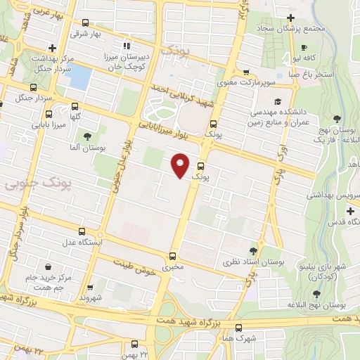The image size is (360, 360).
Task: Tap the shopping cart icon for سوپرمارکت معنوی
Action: pos(246,72)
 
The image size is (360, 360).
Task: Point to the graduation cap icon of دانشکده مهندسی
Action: pos(278,100)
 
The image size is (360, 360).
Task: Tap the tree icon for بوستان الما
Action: pos(87,136)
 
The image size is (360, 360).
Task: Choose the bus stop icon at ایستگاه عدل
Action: pos(82,231)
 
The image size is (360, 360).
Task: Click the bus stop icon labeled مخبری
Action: pos(173,256)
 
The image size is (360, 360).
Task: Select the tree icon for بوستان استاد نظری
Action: pos(253,251)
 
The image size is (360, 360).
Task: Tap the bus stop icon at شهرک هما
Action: pos(239,327)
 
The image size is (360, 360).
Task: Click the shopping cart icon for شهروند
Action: pos(90,287)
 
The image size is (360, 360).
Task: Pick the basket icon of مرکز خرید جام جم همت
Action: pos(48,267)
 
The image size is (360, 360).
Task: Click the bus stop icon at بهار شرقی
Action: pos(86,22)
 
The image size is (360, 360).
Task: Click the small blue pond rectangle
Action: pos(81,77)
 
